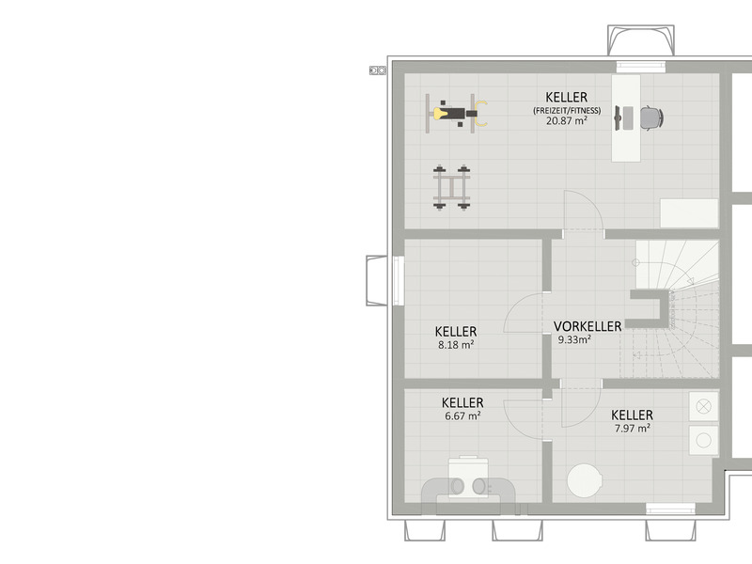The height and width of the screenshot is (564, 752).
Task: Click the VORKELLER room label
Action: click(587, 326)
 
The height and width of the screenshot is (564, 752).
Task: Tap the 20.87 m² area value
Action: click(567, 121)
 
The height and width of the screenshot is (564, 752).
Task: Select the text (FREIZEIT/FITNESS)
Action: click(567, 110)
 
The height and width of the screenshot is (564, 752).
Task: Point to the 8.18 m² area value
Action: click(456, 344)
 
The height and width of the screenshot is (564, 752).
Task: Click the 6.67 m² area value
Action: click(462, 415)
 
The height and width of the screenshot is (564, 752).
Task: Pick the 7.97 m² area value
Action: click(632, 429)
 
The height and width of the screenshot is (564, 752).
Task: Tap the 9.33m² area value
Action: click(574, 340)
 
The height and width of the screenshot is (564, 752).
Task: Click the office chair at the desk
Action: click(651, 117)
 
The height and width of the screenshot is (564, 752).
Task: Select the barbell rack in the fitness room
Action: click(452, 187)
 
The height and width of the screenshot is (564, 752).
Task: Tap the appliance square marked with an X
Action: click(703, 406)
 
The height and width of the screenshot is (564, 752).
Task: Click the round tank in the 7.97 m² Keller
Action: click(585, 480)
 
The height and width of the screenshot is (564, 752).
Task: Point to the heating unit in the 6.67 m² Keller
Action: click(468, 483)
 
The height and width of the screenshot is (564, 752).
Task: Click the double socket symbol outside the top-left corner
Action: click(378, 70)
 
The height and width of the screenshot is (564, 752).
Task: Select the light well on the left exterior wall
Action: click(377, 280)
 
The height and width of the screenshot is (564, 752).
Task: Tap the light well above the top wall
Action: click(641, 40)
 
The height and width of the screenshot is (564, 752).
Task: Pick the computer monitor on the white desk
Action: click(619, 118)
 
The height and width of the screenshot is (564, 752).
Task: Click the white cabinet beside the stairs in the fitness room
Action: click(689, 213)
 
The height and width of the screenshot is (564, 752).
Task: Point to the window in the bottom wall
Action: click(670, 509)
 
